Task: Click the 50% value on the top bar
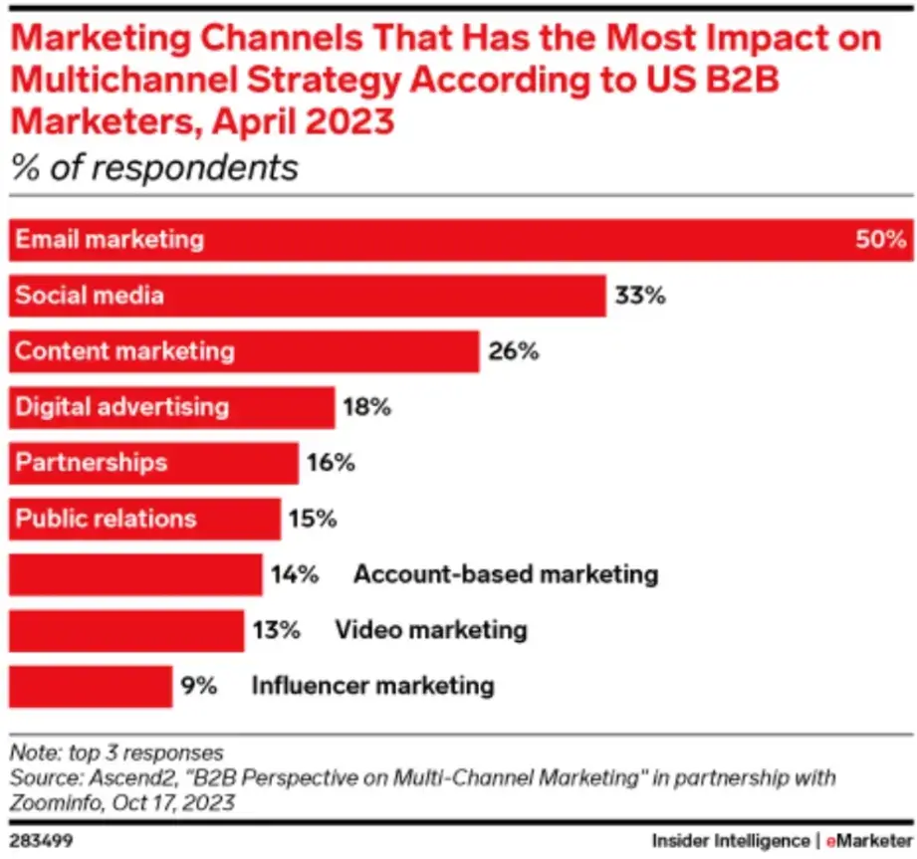click(x=879, y=240)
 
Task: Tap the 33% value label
click(x=639, y=296)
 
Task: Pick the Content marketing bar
click(x=244, y=351)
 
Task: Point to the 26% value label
click(x=513, y=351)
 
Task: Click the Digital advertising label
click(x=121, y=407)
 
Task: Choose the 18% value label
click(x=367, y=407)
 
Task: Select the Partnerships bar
click(x=153, y=463)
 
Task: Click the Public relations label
click(x=106, y=519)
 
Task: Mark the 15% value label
click(x=313, y=519)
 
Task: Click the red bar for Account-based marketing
click(x=135, y=574)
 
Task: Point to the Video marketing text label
click(x=430, y=630)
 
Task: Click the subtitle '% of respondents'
click(x=154, y=167)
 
